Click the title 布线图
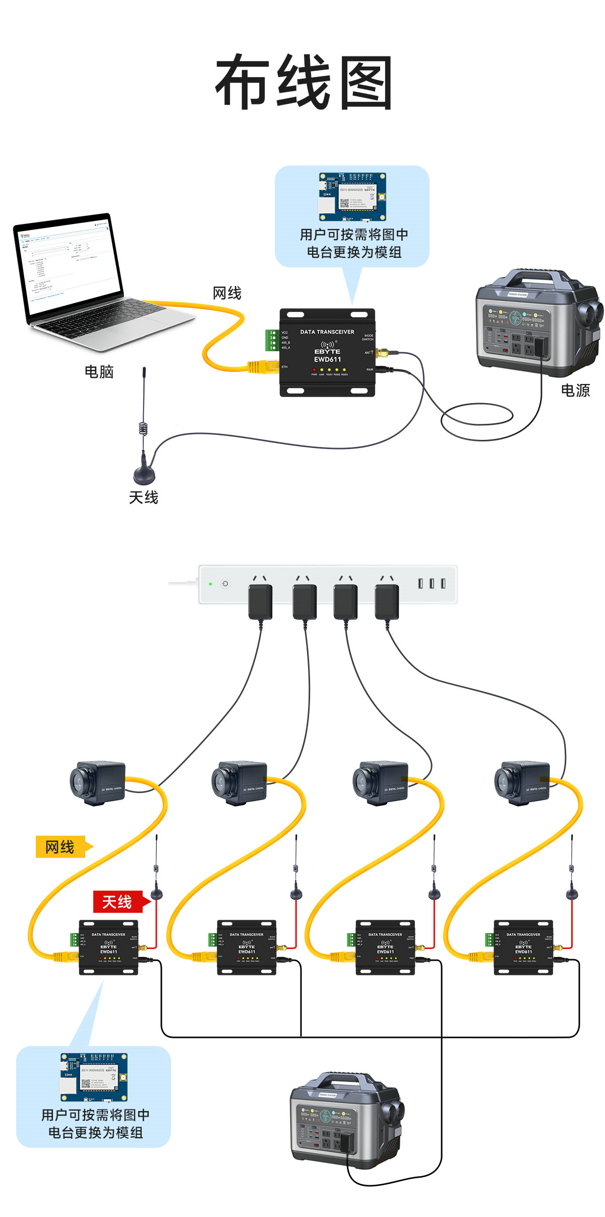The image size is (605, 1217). [x=304, y=82]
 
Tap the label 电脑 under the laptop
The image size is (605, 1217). [x=99, y=372]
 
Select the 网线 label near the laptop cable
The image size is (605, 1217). [x=227, y=293]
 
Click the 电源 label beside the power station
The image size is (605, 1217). [x=575, y=390]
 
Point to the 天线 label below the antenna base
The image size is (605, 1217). [x=144, y=497]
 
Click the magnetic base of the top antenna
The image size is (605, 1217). [x=144, y=474]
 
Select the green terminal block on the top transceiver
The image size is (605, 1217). [x=272, y=340]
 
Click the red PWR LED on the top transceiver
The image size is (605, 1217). [x=314, y=370]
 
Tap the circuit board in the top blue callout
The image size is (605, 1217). [x=352, y=197]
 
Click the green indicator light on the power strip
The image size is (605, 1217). [x=211, y=584]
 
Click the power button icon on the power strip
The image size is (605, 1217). [x=225, y=584]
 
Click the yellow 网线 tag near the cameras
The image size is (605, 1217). [x=60, y=847]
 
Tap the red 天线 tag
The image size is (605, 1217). [x=117, y=902]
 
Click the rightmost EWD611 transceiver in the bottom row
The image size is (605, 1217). [x=523, y=947]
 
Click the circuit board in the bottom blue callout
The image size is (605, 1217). [x=94, y=1077]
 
